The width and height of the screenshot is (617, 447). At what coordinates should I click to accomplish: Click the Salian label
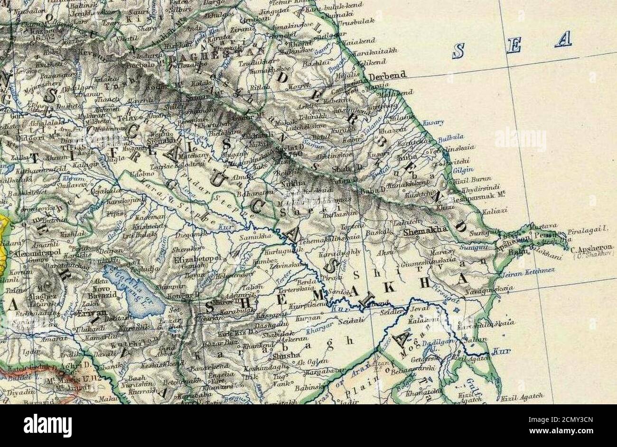coord(478,339)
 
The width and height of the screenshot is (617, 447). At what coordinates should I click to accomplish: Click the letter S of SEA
coord(458,50)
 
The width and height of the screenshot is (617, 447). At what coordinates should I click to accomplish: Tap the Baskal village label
coord(379,232)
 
